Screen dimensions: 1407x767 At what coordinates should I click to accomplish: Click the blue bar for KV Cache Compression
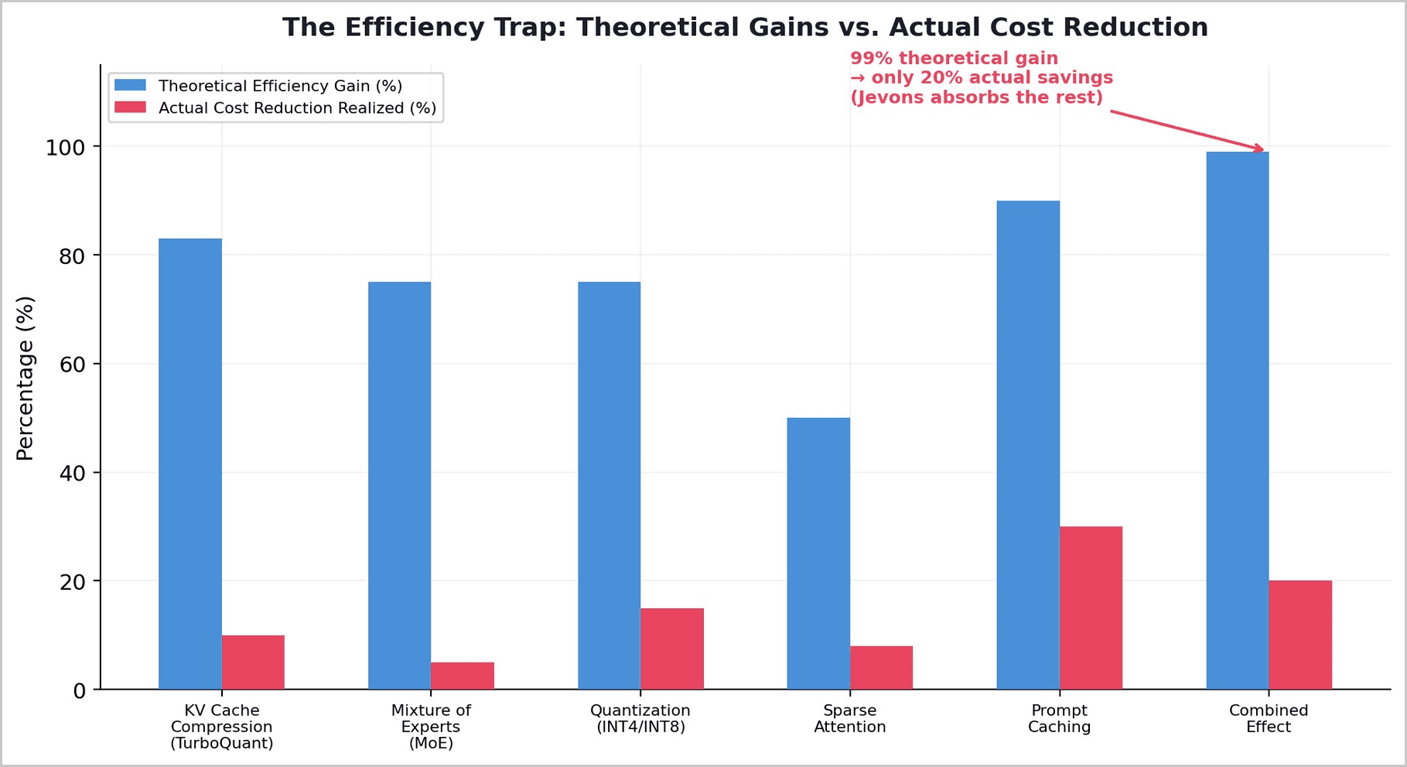click(190, 464)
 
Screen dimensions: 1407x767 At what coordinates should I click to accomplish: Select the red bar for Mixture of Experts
click(463, 676)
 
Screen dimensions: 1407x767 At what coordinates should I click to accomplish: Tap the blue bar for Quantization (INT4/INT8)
click(610, 485)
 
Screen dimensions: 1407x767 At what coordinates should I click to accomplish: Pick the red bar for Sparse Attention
click(881, 668)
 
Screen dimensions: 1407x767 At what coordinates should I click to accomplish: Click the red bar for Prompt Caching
click(1091, 608)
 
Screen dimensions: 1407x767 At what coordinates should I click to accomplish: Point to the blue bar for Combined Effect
click(1238, 420)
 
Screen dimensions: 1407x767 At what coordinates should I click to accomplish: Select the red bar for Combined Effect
click(1300, 635)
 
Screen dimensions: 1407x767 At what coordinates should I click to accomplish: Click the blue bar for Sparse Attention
click(818, 553)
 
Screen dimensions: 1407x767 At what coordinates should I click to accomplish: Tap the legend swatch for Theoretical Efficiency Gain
click(130, 85)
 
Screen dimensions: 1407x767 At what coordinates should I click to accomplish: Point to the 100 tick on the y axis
click(97, 146)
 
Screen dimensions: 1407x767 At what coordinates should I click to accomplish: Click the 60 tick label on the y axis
click(72, 364)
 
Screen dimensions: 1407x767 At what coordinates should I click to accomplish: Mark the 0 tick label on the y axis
click(80, 690)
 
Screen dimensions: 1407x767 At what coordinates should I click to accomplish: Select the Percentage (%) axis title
click(26, 378)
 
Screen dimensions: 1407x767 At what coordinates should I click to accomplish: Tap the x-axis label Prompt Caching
click(1059, 719)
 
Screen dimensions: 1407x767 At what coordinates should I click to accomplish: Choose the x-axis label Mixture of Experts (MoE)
click(431, 727)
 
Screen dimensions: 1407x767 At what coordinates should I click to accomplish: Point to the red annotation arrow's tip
click(1264, 150)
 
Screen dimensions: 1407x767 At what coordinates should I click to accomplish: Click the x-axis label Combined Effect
click(1269, 719)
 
